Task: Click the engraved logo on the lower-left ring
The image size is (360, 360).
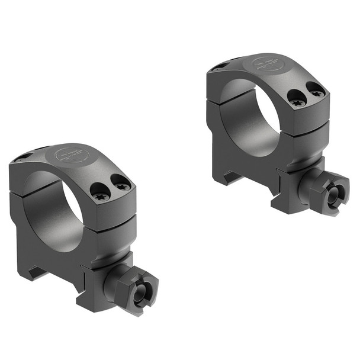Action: tap(72, 156)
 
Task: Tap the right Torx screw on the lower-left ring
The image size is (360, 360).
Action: tap(121, 185)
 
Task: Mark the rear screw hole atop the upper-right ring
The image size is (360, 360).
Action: tap(219, 66)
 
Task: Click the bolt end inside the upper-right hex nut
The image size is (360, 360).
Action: tap(336, 195)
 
